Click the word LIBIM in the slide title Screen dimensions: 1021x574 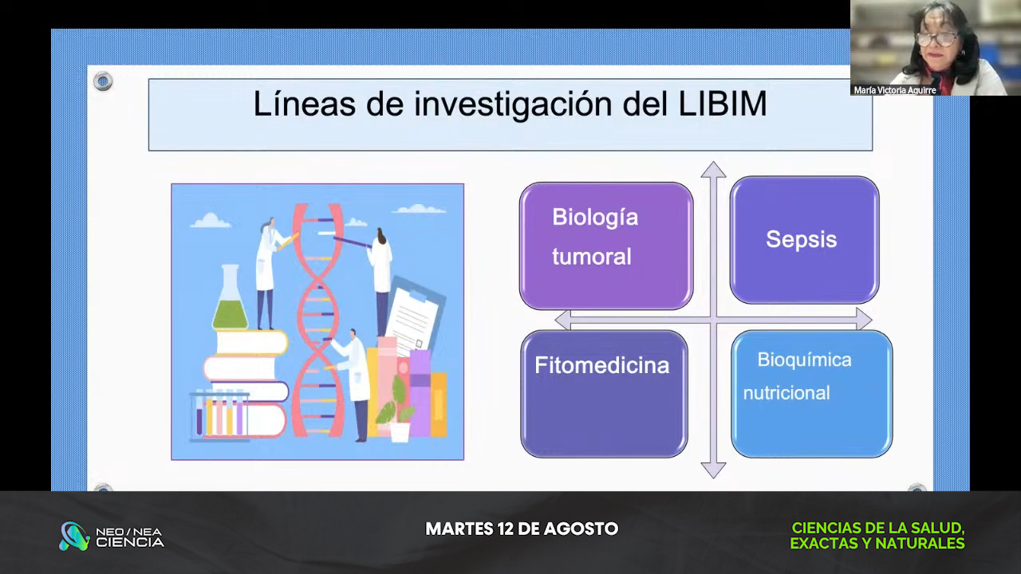point(723,104)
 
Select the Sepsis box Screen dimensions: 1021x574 point(805,240)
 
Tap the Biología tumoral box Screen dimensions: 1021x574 point(606,246)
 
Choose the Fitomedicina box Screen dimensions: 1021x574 point(604,394)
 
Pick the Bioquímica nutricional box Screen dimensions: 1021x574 point(812,394)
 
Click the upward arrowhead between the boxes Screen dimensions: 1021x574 point(713,170)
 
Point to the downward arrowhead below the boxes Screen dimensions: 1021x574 point(713,470)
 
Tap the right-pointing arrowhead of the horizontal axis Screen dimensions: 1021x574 point(864,319)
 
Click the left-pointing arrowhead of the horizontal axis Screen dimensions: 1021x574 point(563,320)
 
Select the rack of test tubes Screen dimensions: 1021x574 point(219,415)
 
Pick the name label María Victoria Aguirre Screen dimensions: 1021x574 point(895,90)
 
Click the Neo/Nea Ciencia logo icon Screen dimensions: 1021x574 point(74,537)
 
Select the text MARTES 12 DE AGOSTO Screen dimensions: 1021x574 point(522,529)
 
